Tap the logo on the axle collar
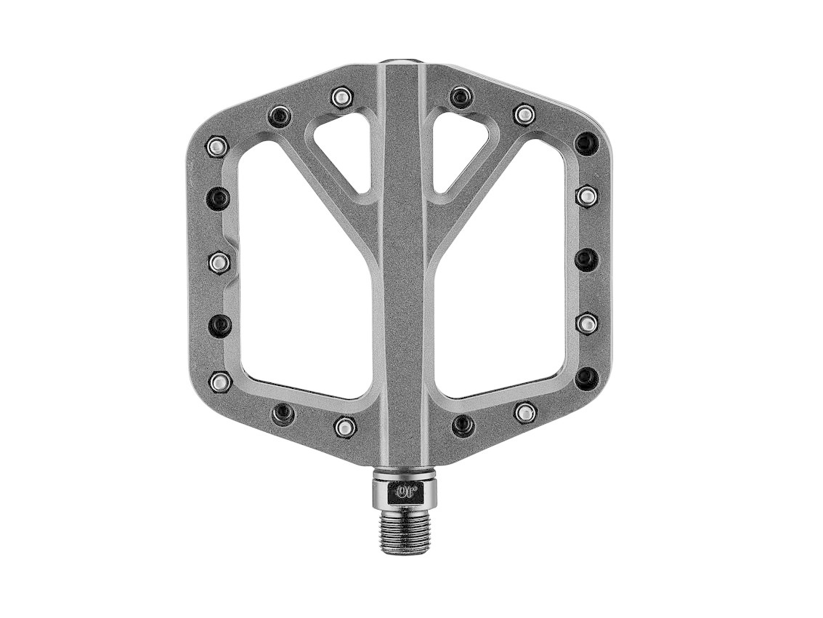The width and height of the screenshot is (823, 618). point(405,491)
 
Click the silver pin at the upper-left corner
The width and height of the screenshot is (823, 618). point(216,146)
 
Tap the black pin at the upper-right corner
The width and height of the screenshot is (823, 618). point(587,143)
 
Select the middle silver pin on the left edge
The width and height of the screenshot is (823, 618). point(219,262)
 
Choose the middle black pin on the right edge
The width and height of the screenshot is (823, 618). point(587,259)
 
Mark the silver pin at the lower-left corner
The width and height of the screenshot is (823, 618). point(219,381)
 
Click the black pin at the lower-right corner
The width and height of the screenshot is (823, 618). point(587,378)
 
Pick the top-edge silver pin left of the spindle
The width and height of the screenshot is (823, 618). point(341,97)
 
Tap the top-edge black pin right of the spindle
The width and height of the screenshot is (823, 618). point(461,97)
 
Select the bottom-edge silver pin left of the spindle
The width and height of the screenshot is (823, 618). point(345,427)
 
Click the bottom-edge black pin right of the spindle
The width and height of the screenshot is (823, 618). point(463,425)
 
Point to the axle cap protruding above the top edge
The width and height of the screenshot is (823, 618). point(405,63)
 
